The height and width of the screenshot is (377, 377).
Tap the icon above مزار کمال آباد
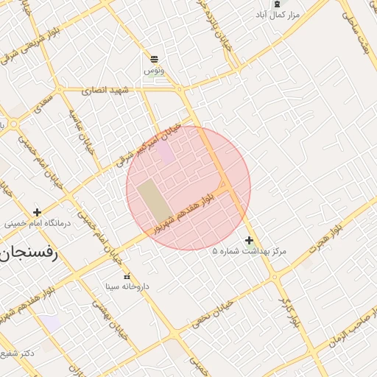277,4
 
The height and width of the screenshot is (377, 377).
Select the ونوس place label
155,70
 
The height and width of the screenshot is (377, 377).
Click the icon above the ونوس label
155,59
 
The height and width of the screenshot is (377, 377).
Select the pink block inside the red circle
166,153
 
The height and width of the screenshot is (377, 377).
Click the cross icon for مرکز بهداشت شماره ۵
250,240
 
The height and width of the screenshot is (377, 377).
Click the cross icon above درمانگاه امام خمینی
37,212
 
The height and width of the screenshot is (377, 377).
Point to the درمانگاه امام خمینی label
37,223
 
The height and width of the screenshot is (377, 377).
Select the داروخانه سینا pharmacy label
127,286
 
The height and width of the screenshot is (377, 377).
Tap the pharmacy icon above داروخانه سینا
127,275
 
